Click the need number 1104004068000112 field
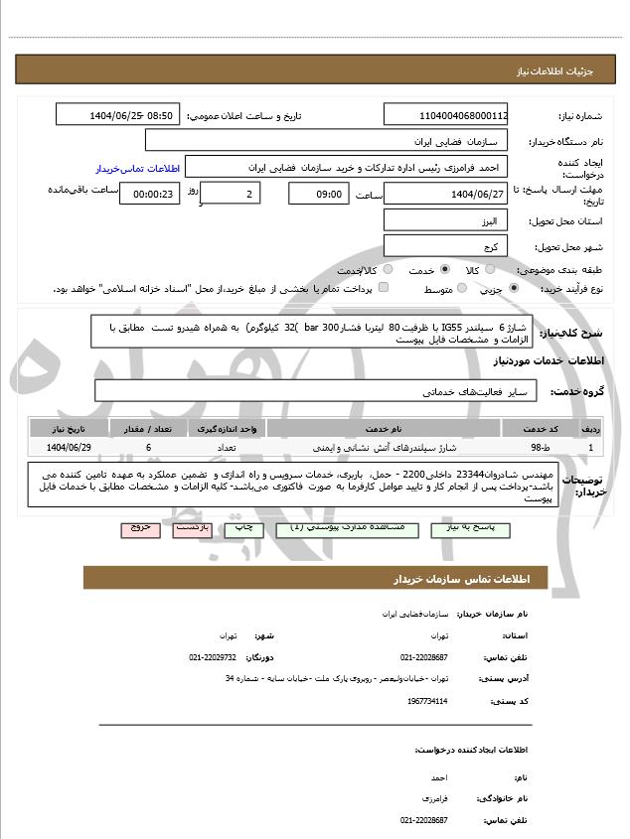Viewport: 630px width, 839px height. [x=446, y=115]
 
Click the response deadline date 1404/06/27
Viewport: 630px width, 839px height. [x=446, y=194]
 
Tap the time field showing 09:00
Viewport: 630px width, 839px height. [x=318, y=194]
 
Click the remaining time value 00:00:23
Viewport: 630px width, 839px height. [x=150, y=194]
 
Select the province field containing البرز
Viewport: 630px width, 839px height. [x=446, y=219]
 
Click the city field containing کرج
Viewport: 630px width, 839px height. [x=446, y=245]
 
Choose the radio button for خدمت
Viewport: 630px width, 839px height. [x=444, y=269]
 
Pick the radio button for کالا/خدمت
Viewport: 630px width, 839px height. [x=388, y=269]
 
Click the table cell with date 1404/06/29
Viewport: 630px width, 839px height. [x=69, y=448]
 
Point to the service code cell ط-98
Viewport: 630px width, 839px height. [x=537, y=448]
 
